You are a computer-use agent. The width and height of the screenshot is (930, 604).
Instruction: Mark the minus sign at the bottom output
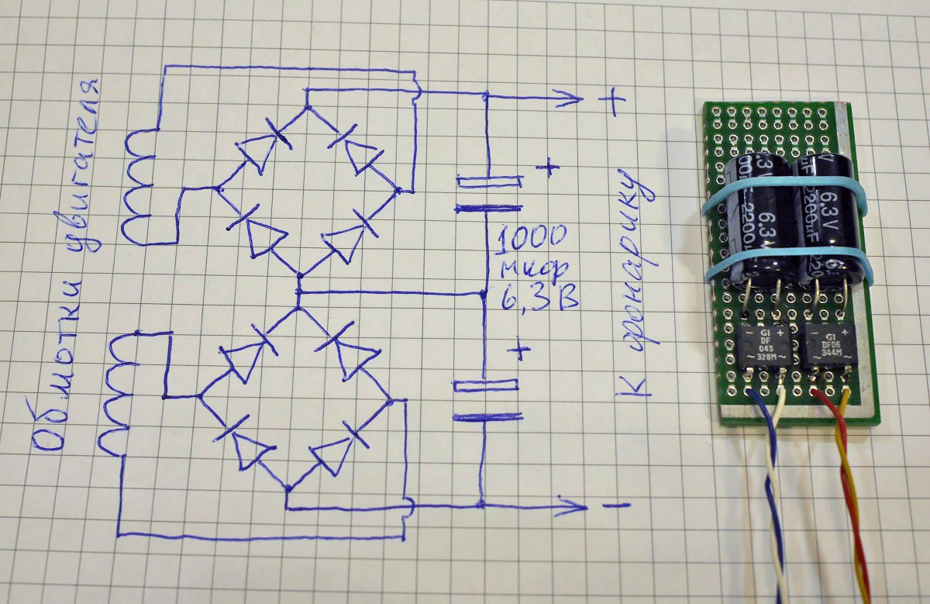pyautogui.click(x=615, y=506)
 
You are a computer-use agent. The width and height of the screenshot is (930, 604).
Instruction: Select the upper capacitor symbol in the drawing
pyautogui.click(x=487, y=194)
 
